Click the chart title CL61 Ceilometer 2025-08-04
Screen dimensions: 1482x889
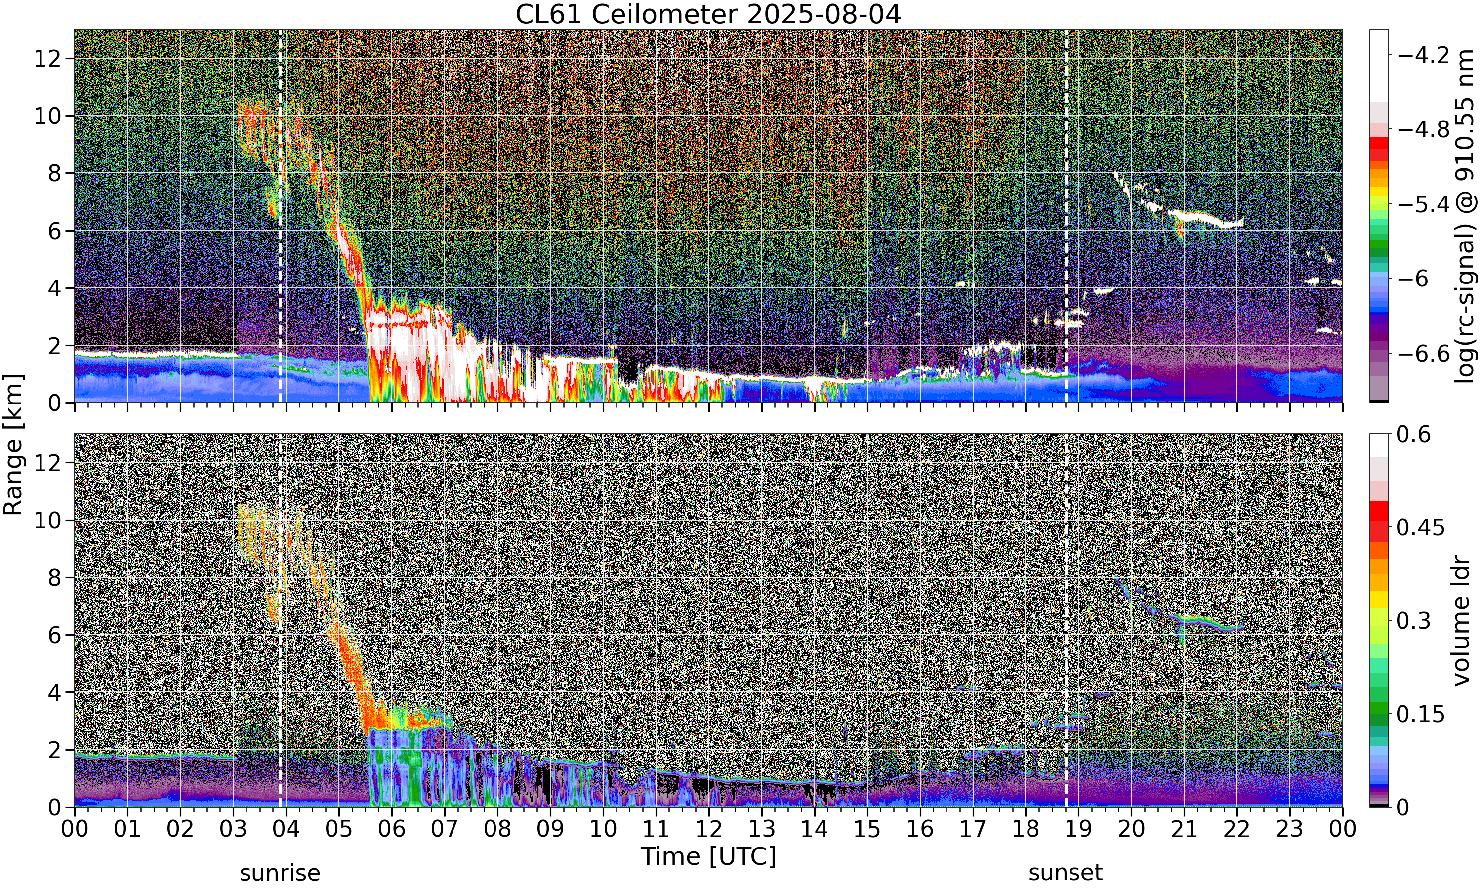[708, 14]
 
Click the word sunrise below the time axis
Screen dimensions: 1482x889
[280, 873]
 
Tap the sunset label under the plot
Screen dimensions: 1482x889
[1066, 873]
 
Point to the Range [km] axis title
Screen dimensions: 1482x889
[13, 444]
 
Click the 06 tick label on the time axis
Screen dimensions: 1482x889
[392, 830]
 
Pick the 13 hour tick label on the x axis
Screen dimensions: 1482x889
[761, 830]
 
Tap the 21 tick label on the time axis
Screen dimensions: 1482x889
[1184, 830]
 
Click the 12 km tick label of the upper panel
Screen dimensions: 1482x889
[47, 59]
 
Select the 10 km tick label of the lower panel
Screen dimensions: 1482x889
[47, 520]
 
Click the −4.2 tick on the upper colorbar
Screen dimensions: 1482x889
[1423, 56]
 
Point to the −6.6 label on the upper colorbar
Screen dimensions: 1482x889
[1423, 354]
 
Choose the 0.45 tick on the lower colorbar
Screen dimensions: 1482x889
[1420, 528]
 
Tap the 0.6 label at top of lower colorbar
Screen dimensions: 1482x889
[1414, 434]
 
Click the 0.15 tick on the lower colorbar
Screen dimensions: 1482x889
[1420, 714]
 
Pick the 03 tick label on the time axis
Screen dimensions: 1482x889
[233, 830]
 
